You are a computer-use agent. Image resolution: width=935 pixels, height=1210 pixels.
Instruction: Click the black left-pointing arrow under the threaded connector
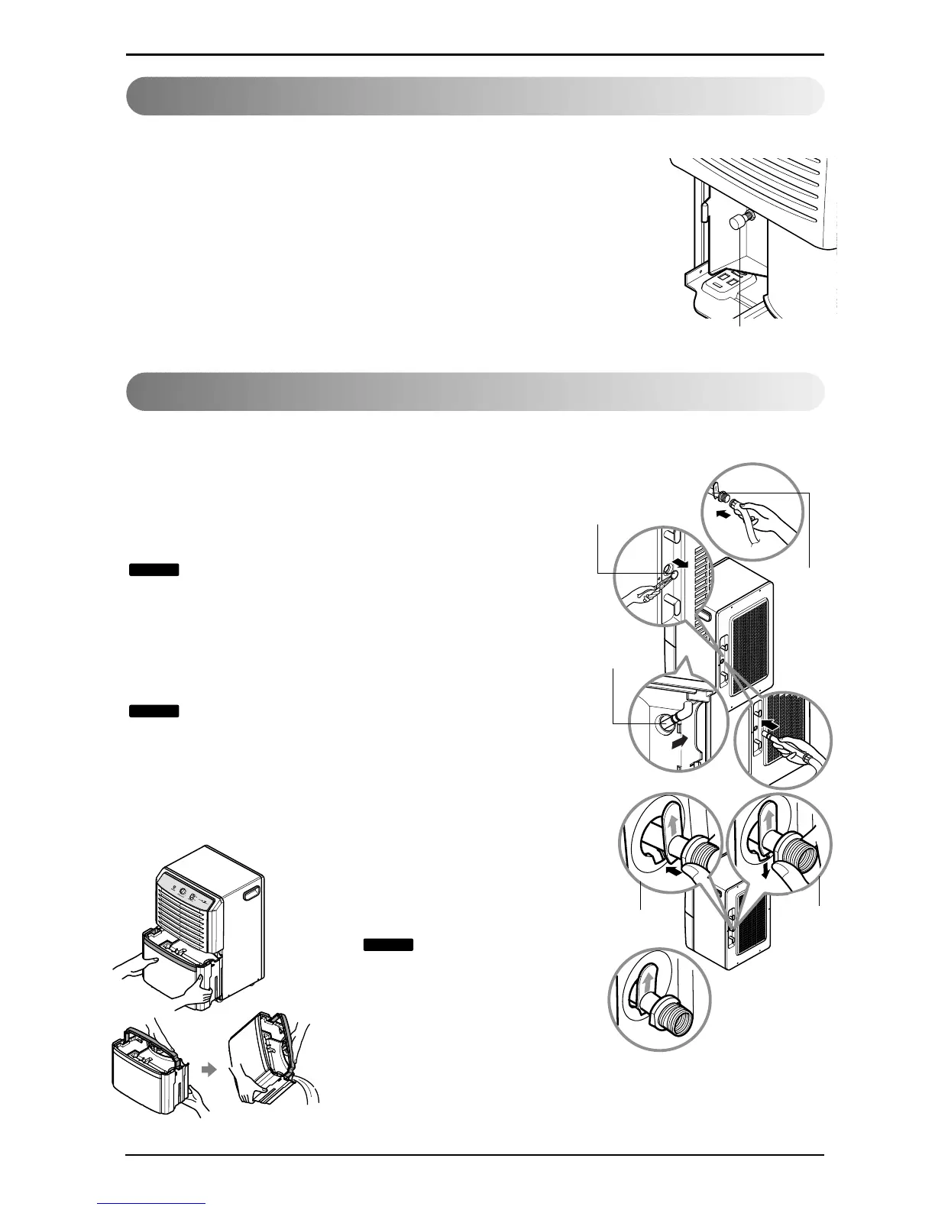674,870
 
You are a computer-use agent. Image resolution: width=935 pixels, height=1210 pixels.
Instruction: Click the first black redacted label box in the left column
154,569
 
